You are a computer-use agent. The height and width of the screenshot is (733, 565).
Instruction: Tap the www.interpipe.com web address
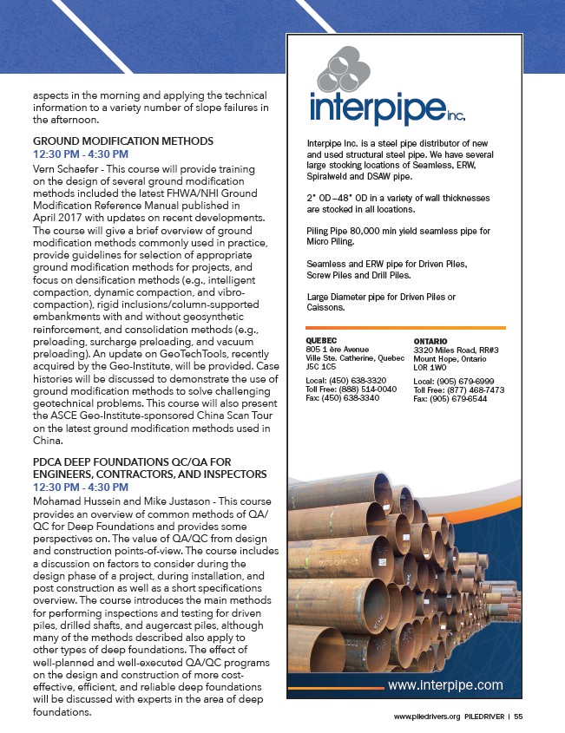(444, 685)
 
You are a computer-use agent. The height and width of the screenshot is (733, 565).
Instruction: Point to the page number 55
(518, 717)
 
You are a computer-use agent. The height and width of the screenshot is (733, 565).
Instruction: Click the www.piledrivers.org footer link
(426, 717)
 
